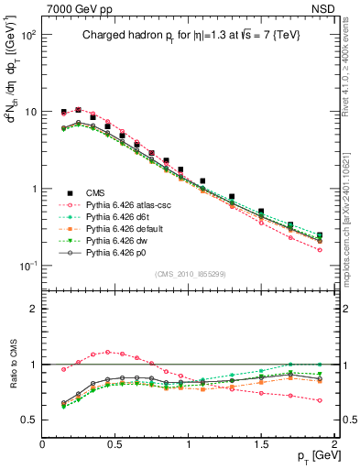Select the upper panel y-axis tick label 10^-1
coord(27,266)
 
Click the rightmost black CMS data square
coord(320,235)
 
